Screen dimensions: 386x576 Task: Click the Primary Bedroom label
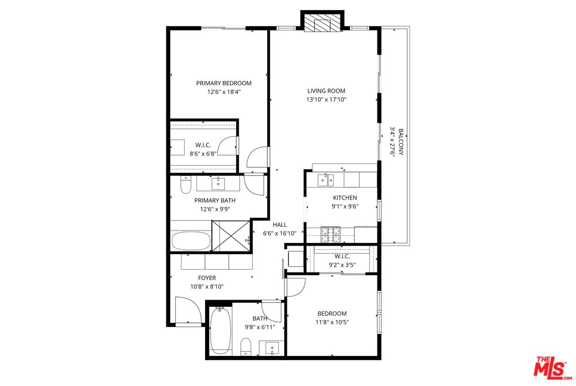point(224,83)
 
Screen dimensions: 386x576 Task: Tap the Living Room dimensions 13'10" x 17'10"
point(327,99)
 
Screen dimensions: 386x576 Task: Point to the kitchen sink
point(326,180)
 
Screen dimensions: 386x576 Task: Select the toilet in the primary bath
point(186,185)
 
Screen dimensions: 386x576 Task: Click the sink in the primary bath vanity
point(218,184)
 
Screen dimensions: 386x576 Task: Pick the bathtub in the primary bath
point(191,241)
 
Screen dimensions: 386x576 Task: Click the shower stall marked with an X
point(231,236)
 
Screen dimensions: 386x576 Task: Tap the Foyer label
point(207,278)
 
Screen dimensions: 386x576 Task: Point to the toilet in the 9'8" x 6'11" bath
point(246,346)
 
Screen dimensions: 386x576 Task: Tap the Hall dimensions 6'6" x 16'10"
point(279,233)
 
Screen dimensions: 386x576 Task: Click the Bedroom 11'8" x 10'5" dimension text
point(332,322)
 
